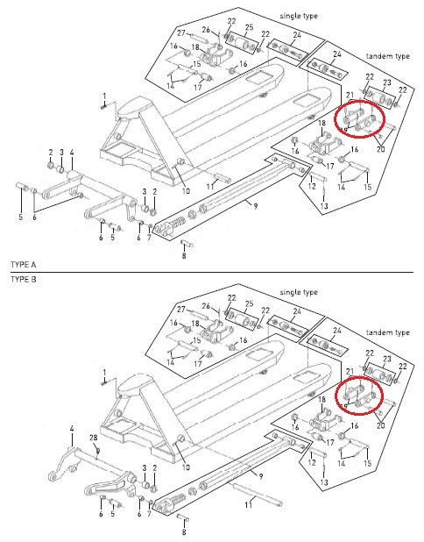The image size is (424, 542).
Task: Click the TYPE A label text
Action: [23, 264]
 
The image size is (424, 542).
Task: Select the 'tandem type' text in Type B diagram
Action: [387, 333]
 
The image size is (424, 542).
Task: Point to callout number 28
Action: [94, 438]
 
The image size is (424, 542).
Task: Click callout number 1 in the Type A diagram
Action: [103, 96]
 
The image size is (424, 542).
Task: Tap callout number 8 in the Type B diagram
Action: [183, 531]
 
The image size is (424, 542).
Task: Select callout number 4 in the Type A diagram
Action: [72, 152]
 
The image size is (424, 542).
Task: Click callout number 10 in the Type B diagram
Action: [185, 469]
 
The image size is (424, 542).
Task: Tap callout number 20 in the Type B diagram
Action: [380, 424]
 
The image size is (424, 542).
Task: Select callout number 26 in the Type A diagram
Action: [206, 31]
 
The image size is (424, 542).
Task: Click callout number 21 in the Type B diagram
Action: [350, 373]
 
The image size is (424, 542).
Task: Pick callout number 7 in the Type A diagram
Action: [150, 239]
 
